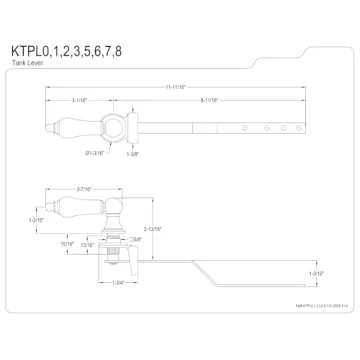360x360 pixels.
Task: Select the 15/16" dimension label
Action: point(68,242)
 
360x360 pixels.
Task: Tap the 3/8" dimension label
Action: point(135,237)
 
